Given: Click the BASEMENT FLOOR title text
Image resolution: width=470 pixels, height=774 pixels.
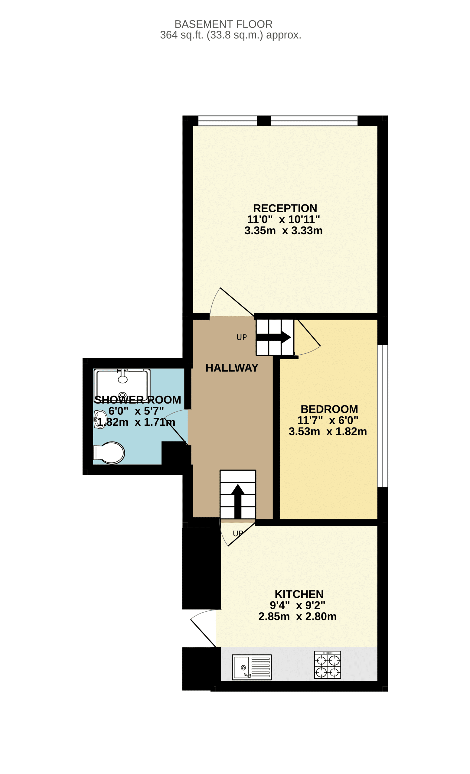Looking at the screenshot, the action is tap(224, 24).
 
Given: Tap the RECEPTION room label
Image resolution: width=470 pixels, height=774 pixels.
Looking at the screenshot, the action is tap(285, 208).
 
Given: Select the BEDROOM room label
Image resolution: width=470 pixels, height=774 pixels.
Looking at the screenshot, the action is tap(329, 409).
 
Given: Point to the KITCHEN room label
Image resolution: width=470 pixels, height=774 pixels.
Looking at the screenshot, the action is tap(299, 594).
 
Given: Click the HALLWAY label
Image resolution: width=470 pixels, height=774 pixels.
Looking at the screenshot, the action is tap(232, 368).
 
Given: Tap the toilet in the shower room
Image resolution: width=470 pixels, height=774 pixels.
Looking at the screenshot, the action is tap(109, 453).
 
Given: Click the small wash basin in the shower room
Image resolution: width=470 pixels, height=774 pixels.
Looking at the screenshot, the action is tap(100, 419).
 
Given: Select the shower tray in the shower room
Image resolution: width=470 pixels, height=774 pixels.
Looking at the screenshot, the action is tap(122, 385).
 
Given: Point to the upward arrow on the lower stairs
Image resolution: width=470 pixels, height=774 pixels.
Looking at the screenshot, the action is tap(238, 501).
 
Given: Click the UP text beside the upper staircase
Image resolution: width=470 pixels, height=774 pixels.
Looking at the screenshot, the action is tap(242, 337).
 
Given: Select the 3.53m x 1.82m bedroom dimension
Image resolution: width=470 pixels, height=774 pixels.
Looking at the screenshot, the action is tap(328, 431).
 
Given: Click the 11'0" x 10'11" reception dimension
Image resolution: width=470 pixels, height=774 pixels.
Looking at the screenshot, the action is tap(283, 219).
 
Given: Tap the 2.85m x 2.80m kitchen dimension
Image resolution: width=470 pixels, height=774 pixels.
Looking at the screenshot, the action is tap(298, 616).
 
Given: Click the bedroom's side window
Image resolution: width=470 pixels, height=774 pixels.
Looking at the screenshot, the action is tap(382, 416).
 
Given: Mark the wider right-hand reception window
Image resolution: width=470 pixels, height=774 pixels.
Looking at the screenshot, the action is tap(314, 121).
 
